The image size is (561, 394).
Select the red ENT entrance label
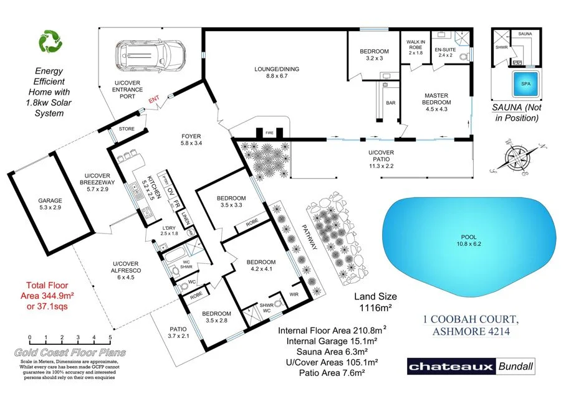click(154, 99)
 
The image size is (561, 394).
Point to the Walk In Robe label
click(416, 46)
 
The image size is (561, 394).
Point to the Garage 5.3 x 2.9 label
click(50, 204)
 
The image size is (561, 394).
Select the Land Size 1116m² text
click(375, 303)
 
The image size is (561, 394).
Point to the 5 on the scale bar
click(110, 339)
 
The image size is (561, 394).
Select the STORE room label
click(127, 129)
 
